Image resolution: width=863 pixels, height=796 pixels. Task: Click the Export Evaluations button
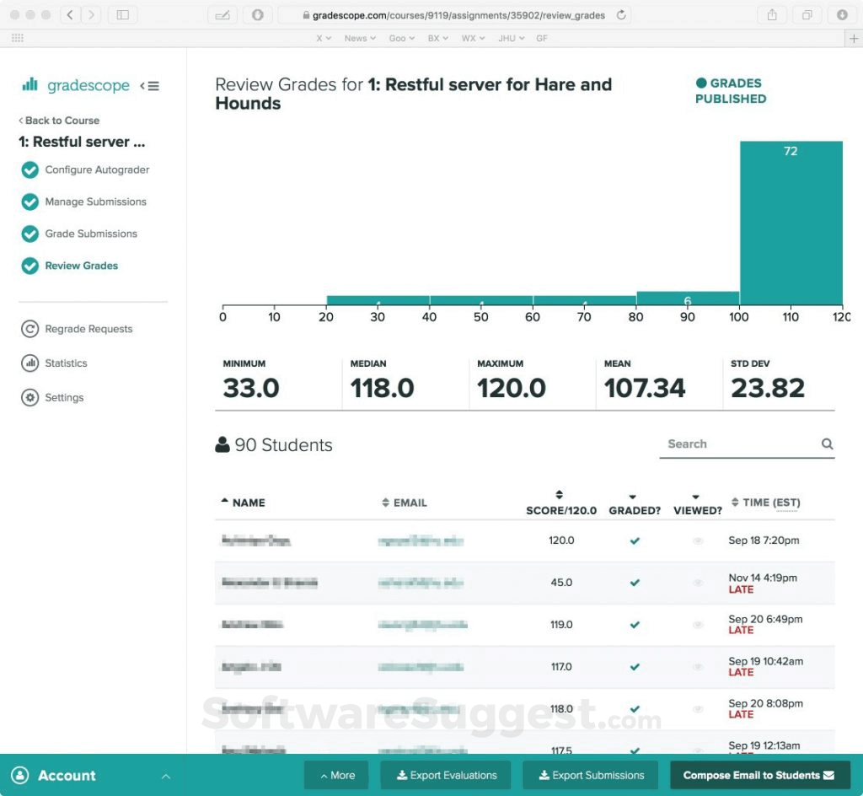click(446, 775)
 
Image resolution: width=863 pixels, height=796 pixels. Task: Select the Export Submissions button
click(592, 775)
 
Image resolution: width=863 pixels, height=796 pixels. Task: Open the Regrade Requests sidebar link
click(88, 329)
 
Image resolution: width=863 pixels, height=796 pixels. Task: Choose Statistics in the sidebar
click(66, 363)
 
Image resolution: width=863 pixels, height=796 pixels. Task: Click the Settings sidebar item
click(64, 398)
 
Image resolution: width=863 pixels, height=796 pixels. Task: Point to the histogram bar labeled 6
click(688, 298)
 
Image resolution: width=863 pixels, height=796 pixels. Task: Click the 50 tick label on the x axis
click(481, 318)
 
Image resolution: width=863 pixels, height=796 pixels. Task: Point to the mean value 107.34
click(645, 388)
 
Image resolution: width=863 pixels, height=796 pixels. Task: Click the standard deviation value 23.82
click(768, 388)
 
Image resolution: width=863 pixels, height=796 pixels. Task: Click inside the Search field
click(737, 444)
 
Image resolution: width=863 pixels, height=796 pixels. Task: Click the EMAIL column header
click(410, 503)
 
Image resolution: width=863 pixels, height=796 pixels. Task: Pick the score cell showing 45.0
click(561, 583)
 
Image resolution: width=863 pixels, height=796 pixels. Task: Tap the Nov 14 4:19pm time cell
click(763, 578)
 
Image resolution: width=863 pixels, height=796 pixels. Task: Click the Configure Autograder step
click(97, 170)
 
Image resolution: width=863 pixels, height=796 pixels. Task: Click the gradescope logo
click(77, 85)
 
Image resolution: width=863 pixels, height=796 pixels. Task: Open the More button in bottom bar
click(336, 775)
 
